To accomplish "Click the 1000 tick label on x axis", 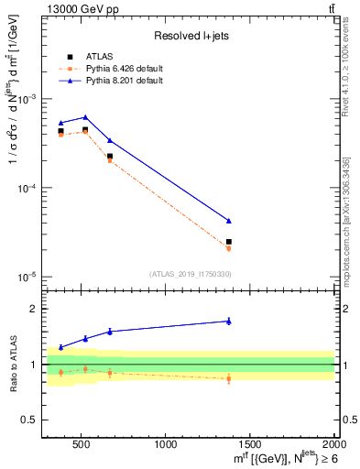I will pyautogui.click(x=166, y=444).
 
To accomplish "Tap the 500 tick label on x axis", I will pyautogui.click(x=82, y=444).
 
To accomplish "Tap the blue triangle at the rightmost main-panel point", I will pyautogui.click(x=229, y=221).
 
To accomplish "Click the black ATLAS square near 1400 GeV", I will pyautogui.click(x=229, y=242).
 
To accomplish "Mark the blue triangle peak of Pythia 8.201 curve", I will pyautogui.click(x=85, y=117).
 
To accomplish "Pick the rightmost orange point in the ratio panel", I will pyautogui.click(x=229, y=378).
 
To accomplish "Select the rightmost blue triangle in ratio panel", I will pyautogui.click(x=229, y=321).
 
